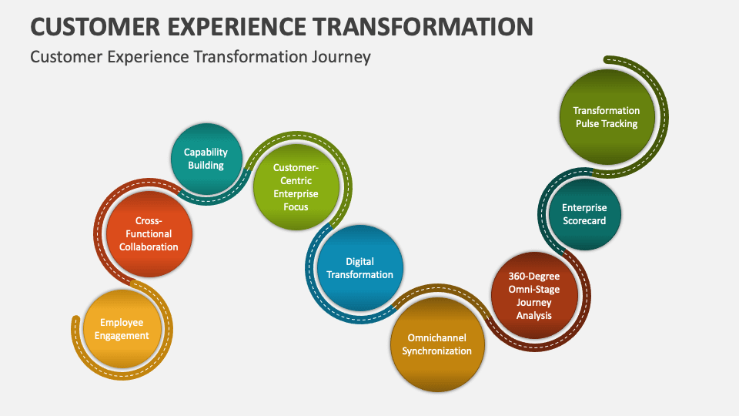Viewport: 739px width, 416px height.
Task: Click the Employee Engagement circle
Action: click(122, 330)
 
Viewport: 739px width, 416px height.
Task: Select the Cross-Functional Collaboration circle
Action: click(149, 233)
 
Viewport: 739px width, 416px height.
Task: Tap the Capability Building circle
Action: click(206, 159)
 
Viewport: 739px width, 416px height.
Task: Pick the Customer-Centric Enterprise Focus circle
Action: click(296, 187)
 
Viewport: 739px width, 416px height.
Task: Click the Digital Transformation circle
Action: click(359, 268)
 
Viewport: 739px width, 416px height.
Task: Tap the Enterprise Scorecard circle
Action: click(584, 214)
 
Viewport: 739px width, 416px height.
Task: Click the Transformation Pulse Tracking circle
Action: click(607, 117)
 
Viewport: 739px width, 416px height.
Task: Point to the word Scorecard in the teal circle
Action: click(584, 220)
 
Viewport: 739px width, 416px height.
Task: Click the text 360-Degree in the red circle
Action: click(534, 277)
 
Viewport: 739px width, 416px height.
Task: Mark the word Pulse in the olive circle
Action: click(589, 123)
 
